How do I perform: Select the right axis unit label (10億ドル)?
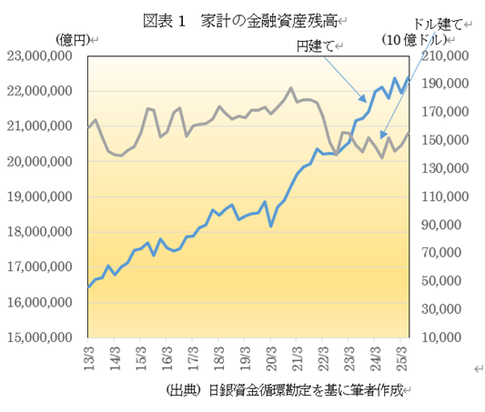(414, 40)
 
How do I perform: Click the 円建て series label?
(315, 45)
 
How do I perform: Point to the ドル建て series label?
(438, 23)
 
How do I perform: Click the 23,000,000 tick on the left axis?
(42, 56)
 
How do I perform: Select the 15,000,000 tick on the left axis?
(42, 337)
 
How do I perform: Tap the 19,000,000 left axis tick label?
(42, 197)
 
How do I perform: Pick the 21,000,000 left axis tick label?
(42, 126)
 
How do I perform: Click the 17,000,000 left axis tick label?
(42, 267)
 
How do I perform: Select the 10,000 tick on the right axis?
(448, 337)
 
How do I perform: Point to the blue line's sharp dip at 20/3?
(271, 226)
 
